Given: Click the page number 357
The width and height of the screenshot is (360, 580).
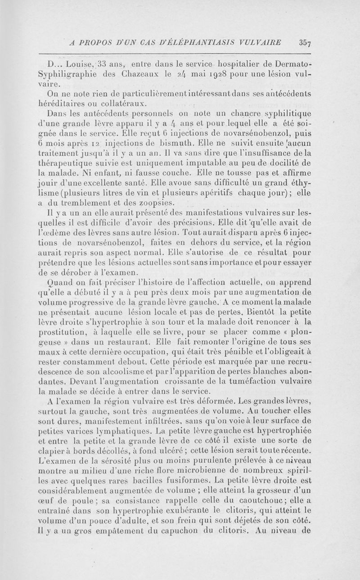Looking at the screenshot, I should (x=305, y=42).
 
